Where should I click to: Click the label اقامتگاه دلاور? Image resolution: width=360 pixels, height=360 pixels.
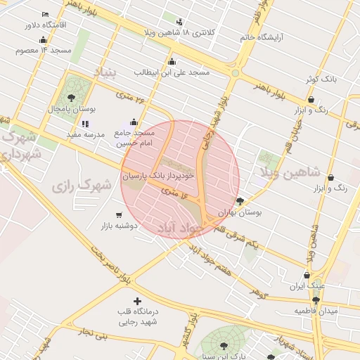pos(44,25)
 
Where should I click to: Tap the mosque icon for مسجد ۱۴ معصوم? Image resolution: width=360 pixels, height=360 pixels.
pos(44,39)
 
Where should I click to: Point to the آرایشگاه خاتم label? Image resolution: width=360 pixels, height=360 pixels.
pos(266,37)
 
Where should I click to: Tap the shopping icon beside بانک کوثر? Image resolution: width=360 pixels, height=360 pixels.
pos(311,79)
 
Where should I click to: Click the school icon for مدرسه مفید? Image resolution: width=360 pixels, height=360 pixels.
pos(85,124)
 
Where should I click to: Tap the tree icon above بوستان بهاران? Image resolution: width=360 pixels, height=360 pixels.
pos(240,201)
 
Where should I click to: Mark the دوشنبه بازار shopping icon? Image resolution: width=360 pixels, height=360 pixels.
pos(120,215)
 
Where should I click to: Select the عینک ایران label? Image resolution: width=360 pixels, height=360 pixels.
pos(307,287)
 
